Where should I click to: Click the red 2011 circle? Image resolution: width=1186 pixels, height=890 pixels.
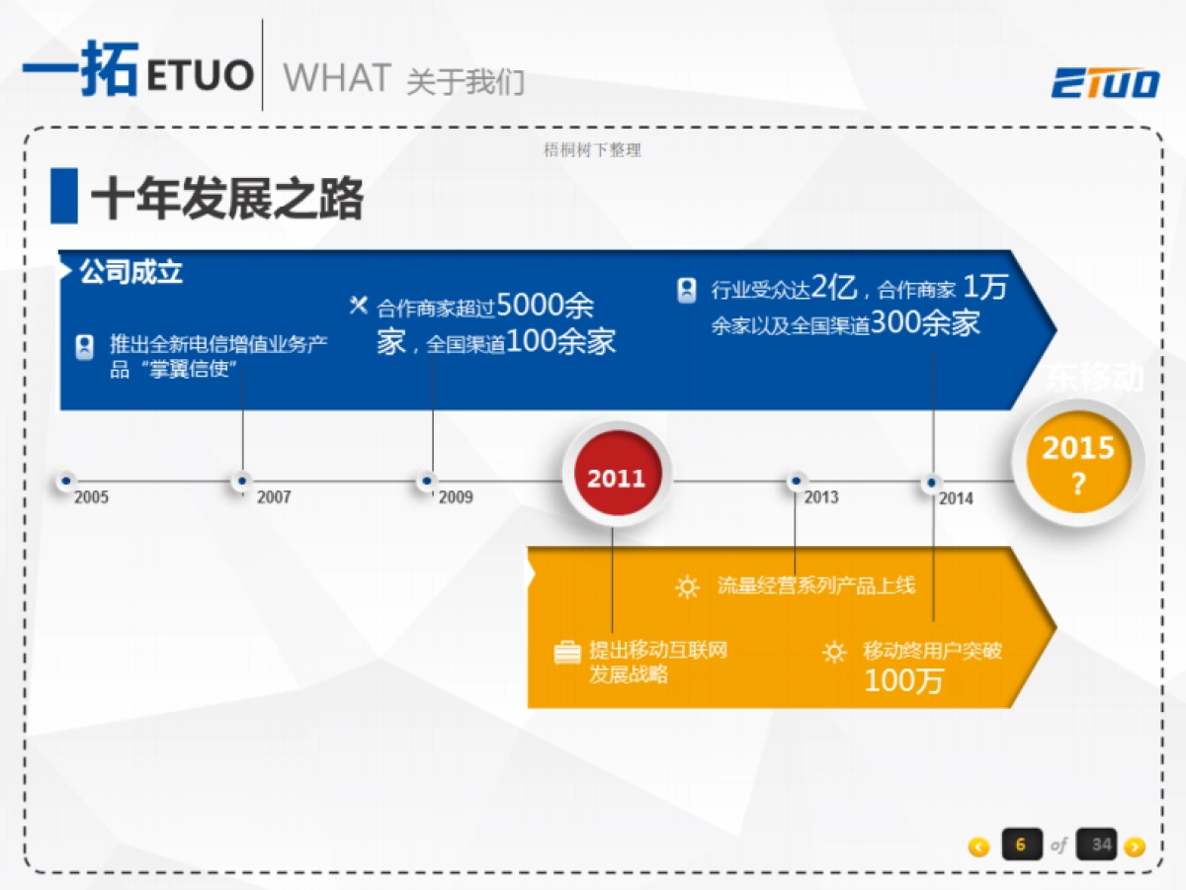pos(617,479)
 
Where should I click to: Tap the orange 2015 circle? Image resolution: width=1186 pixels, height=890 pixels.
pos(1077,462)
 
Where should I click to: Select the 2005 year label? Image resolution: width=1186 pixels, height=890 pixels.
pos(91,497)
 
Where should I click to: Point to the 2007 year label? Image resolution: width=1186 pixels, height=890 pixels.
pos(274,497)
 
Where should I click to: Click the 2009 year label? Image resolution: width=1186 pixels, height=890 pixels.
pos(456,496)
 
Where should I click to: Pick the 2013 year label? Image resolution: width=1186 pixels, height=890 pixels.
pos(821,496)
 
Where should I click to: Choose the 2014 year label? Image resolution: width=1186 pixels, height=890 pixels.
pos(956,498)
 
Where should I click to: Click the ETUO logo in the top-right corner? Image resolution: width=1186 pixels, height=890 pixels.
pos(1105,83)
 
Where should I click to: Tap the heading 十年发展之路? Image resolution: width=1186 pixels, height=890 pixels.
pos(226,199)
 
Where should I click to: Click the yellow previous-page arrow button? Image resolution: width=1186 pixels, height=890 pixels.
pos(978,846)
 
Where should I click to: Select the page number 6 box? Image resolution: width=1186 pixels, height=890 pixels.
pos(1021,845)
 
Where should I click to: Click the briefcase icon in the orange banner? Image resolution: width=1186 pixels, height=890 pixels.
pos(567,653)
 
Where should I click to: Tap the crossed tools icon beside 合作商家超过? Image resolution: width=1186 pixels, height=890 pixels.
pos(359,305)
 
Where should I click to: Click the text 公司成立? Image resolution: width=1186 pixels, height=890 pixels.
pos(131,272)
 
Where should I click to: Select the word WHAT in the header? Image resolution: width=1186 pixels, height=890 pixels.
pos(337,78)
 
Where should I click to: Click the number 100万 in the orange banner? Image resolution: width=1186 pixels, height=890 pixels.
pos(903,680)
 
